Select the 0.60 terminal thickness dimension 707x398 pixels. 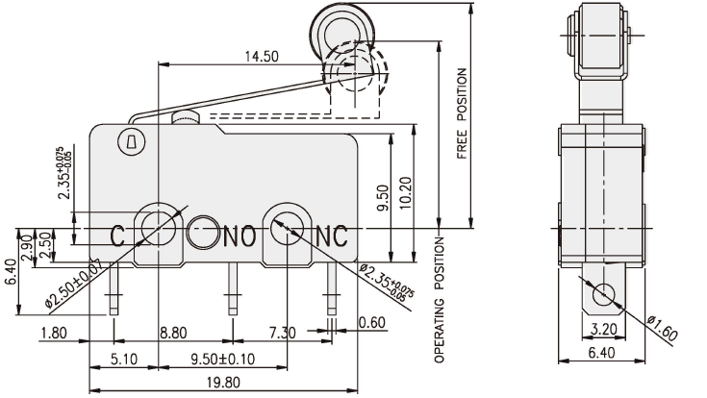372,322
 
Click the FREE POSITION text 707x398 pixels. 462,113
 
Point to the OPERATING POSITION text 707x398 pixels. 441,298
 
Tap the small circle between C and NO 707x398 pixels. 205,231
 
